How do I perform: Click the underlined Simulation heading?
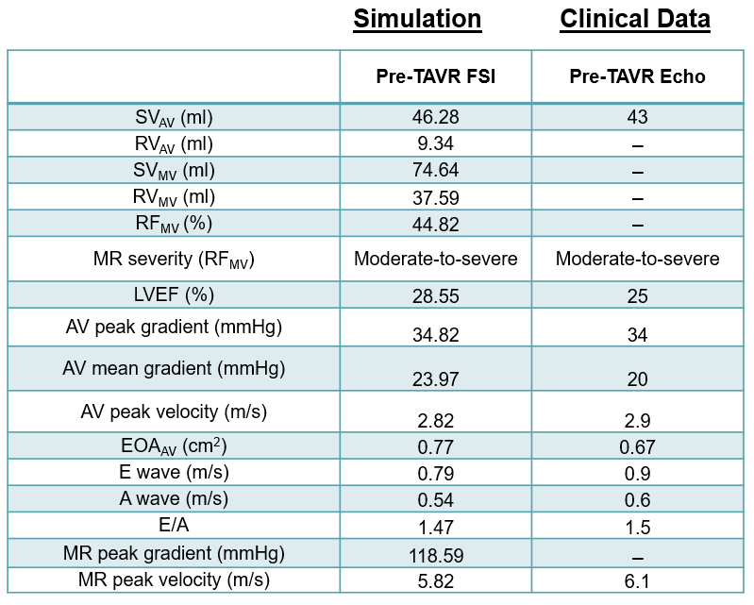click(417, 20)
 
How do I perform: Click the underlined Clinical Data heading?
click(635, 20)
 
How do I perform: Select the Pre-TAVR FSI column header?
click(435, 76)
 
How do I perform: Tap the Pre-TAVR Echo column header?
click(637, 76)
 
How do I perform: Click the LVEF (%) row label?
click(174, 294)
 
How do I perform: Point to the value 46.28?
click(435, 118)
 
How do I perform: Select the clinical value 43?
click(637, 118)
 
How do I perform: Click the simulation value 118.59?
click(435, 553)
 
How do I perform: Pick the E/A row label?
click(174, 526)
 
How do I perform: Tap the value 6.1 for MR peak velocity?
click(637, 580)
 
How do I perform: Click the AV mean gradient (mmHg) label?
click(174, 367)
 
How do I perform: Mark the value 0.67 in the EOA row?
click(637, 445)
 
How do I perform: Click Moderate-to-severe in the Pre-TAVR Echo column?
click(637, 259)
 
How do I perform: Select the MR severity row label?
click(174, 259)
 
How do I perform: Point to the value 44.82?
click(435, 224)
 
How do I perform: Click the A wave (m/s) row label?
click(174, 498)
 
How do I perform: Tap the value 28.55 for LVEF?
click(435, 295)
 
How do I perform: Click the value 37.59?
click(435, 197)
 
